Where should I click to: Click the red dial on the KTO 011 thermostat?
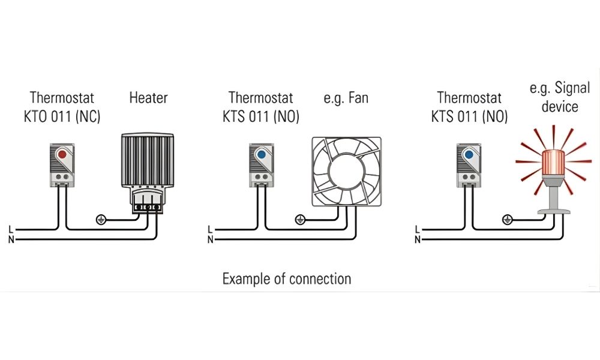[62, 155]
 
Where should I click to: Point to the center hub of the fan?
[346, 171]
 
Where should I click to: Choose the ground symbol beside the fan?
[301, 219]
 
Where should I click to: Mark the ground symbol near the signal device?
[508, 219]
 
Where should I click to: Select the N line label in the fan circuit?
[210, 240]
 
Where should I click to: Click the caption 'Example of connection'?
[287, 278]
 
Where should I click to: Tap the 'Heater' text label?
[148, 97]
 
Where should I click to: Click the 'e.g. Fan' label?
[346, 97]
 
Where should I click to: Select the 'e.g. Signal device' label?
[553, 97]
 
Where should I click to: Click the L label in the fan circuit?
[210, 229]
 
